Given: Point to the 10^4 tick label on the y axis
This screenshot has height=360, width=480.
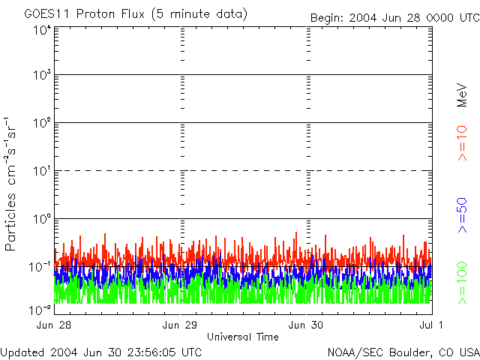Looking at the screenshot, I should tap(41, 30).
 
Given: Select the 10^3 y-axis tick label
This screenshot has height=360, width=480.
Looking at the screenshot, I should tap(41, 75).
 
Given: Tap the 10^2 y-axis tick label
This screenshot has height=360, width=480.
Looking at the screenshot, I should tap(41, 122).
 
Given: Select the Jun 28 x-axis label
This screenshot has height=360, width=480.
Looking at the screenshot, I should tap(55, 325).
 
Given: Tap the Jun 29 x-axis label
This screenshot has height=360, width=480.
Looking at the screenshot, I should tap(181, 325).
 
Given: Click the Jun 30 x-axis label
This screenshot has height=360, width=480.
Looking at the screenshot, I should tap(307, 325).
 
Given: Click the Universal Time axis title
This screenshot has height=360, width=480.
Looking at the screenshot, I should tap(243, 337).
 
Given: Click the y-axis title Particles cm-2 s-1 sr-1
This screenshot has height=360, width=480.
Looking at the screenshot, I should tap(12, 184).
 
